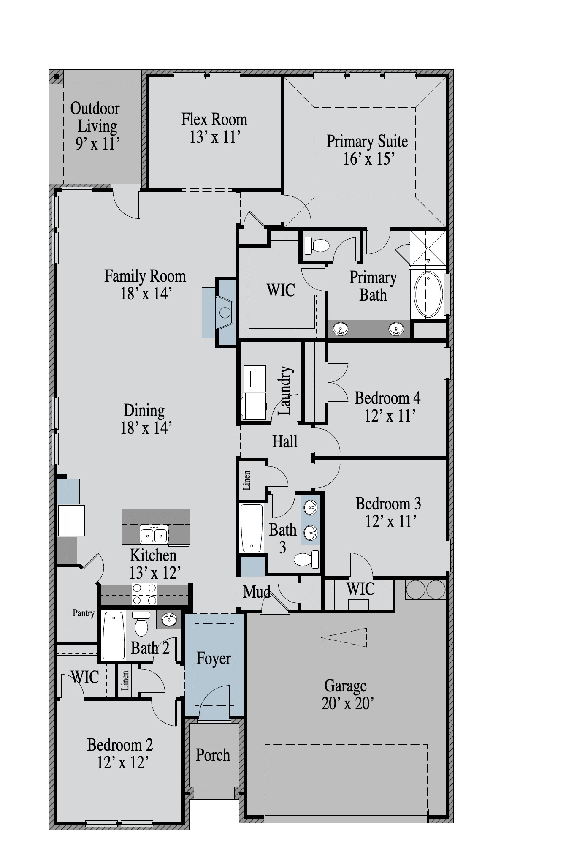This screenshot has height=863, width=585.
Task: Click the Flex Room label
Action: (x=214, y=120)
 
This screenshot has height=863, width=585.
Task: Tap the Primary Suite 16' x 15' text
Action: (x=367, y=150)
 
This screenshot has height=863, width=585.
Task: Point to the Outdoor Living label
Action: (x=95, y=117)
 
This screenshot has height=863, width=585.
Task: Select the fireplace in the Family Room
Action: (x=225, y=313)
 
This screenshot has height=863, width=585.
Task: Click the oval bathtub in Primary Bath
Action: (x=428, y=294)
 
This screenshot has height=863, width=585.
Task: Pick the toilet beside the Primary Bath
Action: (x=317, y=245)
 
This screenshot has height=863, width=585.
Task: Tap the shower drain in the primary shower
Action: (x=428, y=248)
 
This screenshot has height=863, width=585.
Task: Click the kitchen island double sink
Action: (x=154, y=535)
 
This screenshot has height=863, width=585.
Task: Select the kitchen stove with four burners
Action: (x=144, y=594)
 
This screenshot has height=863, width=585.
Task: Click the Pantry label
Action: (x=84, y=613)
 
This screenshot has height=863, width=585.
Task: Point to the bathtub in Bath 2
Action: (x=114, y=635)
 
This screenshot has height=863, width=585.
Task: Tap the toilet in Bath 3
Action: (x=306, y=560)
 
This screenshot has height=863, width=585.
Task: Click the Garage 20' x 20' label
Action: (x=347, y=694)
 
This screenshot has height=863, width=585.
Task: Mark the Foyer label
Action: (x=214, y=659)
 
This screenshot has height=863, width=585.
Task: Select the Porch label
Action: (x=213, y=755)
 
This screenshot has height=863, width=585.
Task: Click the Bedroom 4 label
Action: (x=387, y=398)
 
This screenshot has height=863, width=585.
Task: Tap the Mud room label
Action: (x=257, y=592)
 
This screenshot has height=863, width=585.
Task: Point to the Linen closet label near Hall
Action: (x=247, y=480)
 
